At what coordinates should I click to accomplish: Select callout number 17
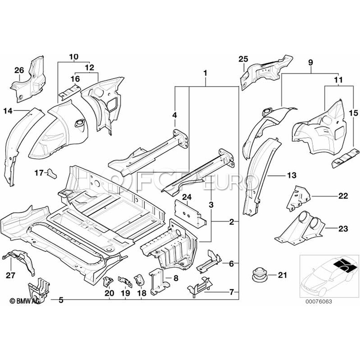[38, 173]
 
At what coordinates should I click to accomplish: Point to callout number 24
[187, 197]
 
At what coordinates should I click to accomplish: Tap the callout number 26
[19, 70]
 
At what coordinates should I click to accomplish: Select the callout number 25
[243, 59]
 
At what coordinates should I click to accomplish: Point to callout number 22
[342, 196]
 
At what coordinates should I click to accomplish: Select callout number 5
[61, 300]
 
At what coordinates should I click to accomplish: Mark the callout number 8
[174, 277]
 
